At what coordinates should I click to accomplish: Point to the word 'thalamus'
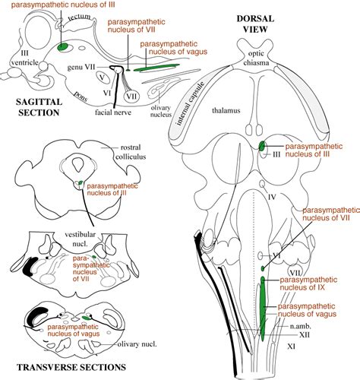[226, 110]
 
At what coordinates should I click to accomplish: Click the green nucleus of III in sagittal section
[61, 47]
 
